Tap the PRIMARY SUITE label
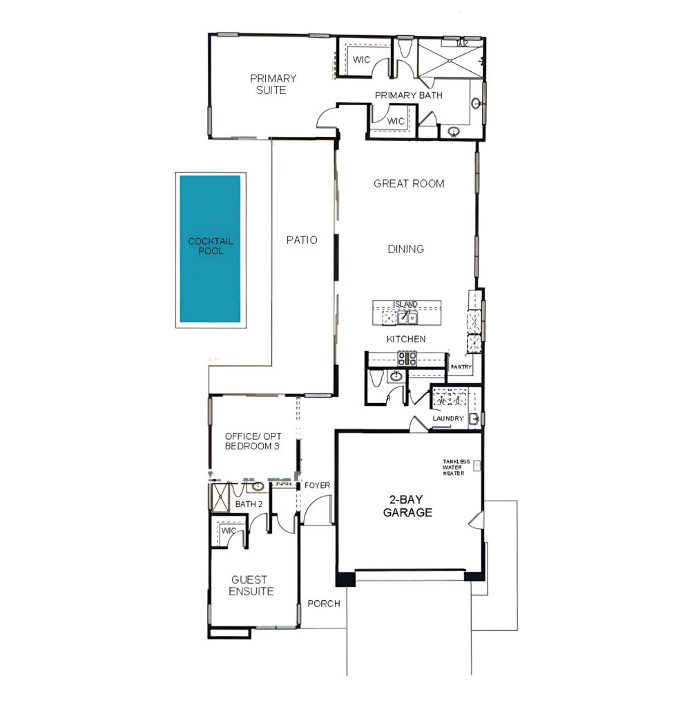click(273, 84)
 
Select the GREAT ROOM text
click(409, 184)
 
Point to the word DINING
click(406, 249)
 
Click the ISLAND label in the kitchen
click(405, 304)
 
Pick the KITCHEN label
click(405, 339)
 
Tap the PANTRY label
click(461, 367)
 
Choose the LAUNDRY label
click(448, 419)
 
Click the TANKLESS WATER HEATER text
click(456, 467)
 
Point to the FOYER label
click(317, 485)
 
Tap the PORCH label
click(324, 604)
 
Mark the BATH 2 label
click(249, 504)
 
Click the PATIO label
click(302, 240)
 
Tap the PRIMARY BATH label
click(409, 95)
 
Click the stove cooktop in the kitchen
click(407, 358)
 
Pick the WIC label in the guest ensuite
click(229, 531)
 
